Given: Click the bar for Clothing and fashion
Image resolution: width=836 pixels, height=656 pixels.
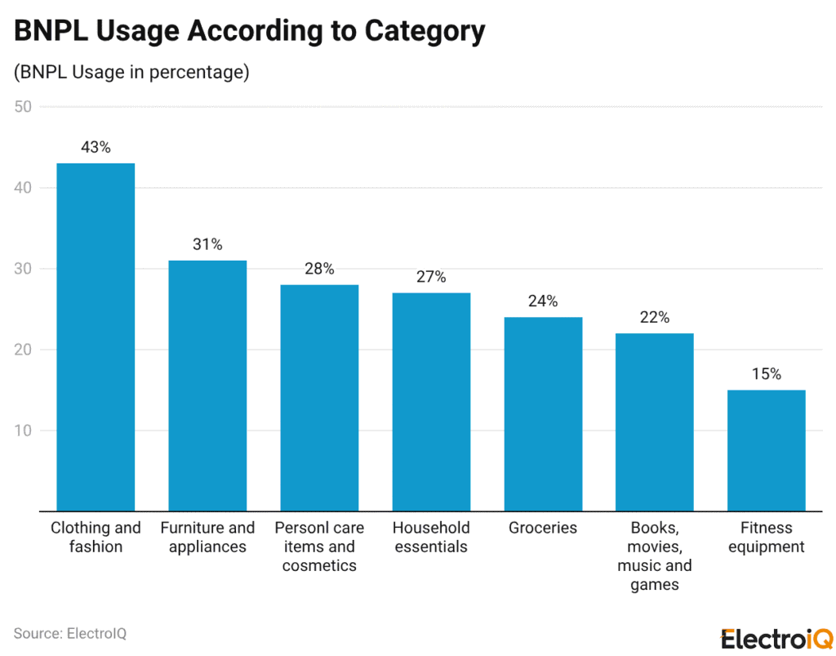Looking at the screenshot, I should pyautogui.click(x=95, y=337).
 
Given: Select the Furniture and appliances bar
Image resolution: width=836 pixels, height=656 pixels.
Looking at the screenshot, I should pyautogui.click(x=207, y=386).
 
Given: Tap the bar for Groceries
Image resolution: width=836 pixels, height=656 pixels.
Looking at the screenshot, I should pyautogui.click(x=543, y=413).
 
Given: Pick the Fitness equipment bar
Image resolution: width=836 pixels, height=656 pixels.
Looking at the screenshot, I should pyautogui.click(x=766, y=450).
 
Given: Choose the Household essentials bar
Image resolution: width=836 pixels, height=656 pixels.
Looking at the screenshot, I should pyautogui.click(x=431, y=401).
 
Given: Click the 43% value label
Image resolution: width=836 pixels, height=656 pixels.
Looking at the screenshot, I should pyautogui.click(x=96, y=148).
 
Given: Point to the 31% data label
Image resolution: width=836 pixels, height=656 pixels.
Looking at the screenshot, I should pyautogui.click(x=207, y=244).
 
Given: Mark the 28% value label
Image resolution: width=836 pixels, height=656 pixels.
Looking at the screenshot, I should pyautogui.click(x=319, y=269).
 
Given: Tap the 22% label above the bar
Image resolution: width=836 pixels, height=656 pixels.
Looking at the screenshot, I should pyautogui.click(x=655, y=318).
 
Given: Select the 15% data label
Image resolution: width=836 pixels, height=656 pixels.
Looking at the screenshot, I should pyautogui.click(x=766, y=374).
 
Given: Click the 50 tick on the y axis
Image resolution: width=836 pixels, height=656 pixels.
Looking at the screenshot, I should pyautogui.click(x=23, y=107).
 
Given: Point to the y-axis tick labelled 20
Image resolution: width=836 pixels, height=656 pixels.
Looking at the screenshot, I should pyautogui.click(x=23, y=350).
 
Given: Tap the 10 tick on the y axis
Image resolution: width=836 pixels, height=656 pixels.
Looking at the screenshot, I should pyautogui.click(x=23, y=431).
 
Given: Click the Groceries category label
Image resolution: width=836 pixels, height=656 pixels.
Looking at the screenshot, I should pyautogui.click(x=543, y=528).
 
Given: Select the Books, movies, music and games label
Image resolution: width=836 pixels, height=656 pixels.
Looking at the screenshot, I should pyautogui.click(x=655, y=556).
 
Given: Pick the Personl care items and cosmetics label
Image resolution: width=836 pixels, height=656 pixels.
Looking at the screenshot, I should pyautogui.click(x=319, y=547).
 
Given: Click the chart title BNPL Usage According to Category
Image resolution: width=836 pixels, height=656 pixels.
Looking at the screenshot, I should pyautogui.click(x=249, y=31).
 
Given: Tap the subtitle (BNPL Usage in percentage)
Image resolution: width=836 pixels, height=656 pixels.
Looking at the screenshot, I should pyautogui.click(x=131, y=72).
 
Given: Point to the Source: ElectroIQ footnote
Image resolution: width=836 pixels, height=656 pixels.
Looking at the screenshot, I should pyautogui.click(x=70, y=633).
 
